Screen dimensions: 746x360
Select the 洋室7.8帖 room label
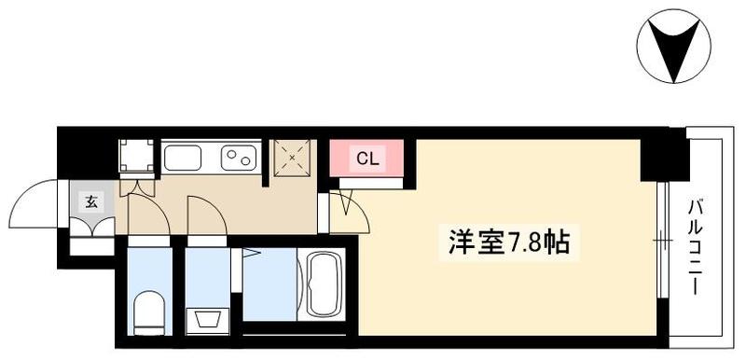pyautogui.click(x=508, y=242)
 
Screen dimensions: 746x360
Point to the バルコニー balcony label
pyautogui.click(x=696, y=247)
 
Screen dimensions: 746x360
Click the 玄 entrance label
pyautogui.click(x=91, y=202)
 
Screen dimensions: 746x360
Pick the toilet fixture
pyautogui.click(x=148, y=313)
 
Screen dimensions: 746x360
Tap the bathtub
pyautogui.click(x=324, y=284)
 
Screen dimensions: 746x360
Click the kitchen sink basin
pyautogui.click(x=182, y=158)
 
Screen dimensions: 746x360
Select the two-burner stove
pyautogui.click(x=239, y=158)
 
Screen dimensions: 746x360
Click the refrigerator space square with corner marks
pyautogui.click(x=136, y=156)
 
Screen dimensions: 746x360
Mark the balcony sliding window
pyautogui.click(x=663, y=241)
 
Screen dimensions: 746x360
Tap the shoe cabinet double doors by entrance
pyautogui.click(x=92, y=227)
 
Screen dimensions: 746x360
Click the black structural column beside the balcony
pyautogui.click(x=664, y=155)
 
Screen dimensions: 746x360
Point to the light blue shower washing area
pyautogui.click(x=269, y=284)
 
